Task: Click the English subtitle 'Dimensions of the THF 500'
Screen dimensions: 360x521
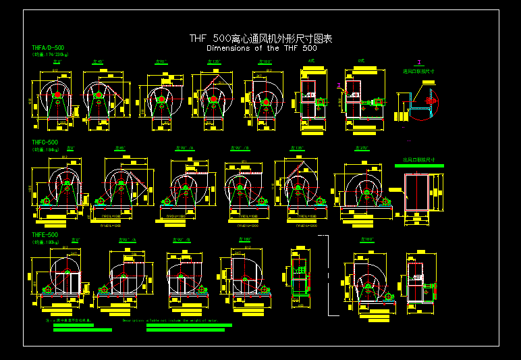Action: tap(261, 49)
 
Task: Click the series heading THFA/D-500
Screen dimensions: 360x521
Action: tap(48, 48)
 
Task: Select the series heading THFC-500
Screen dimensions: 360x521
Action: tap(45, 143)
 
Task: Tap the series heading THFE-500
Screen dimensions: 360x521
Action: tap(45, 235)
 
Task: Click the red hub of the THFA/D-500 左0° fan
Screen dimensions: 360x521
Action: tap(57, 95)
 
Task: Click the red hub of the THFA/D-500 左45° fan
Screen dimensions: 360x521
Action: tap(99, 95)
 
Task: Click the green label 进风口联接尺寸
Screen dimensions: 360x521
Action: tap(418, 70)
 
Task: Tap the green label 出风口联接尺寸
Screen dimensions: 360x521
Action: tap(418, 160)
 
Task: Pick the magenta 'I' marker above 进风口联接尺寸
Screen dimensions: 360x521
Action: tap(419, 62)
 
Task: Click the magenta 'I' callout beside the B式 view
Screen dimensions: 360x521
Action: tap(338, 85)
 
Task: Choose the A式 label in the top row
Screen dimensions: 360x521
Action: tap(311, 61)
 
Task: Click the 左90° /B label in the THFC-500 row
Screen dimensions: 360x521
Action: tap(241, 148)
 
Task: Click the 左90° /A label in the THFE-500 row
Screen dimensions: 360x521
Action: tap(128, 240)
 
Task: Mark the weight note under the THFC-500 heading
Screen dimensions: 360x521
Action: tap(45, 149)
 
